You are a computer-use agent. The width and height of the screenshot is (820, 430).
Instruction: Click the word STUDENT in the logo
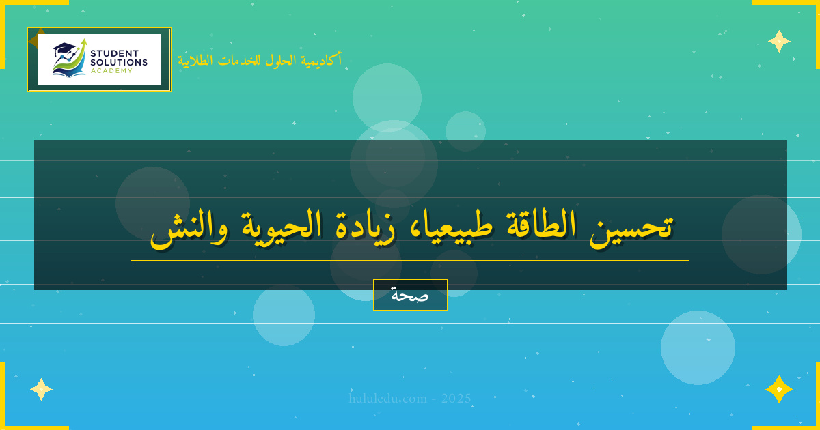(x=114, y=53)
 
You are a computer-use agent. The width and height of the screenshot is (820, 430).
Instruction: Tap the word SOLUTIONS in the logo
(x=119, y=62)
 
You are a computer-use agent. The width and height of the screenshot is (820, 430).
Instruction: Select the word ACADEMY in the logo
(x=111, y=70)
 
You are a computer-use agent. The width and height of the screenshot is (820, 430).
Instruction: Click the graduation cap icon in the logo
(x=64, y=49)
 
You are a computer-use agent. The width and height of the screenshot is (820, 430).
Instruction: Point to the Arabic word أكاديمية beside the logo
(x=323, y=60)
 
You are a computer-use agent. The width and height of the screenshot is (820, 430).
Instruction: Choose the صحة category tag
(x=410, y=295)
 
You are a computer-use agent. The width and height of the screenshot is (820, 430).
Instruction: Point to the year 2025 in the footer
(x=456, y=399)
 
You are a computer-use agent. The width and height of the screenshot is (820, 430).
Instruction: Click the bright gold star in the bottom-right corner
(x=779, y=389)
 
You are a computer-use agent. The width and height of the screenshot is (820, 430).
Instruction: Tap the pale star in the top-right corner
(x=779, y=41)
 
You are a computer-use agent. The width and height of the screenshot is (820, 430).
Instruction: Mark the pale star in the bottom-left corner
(x=41, y=389)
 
